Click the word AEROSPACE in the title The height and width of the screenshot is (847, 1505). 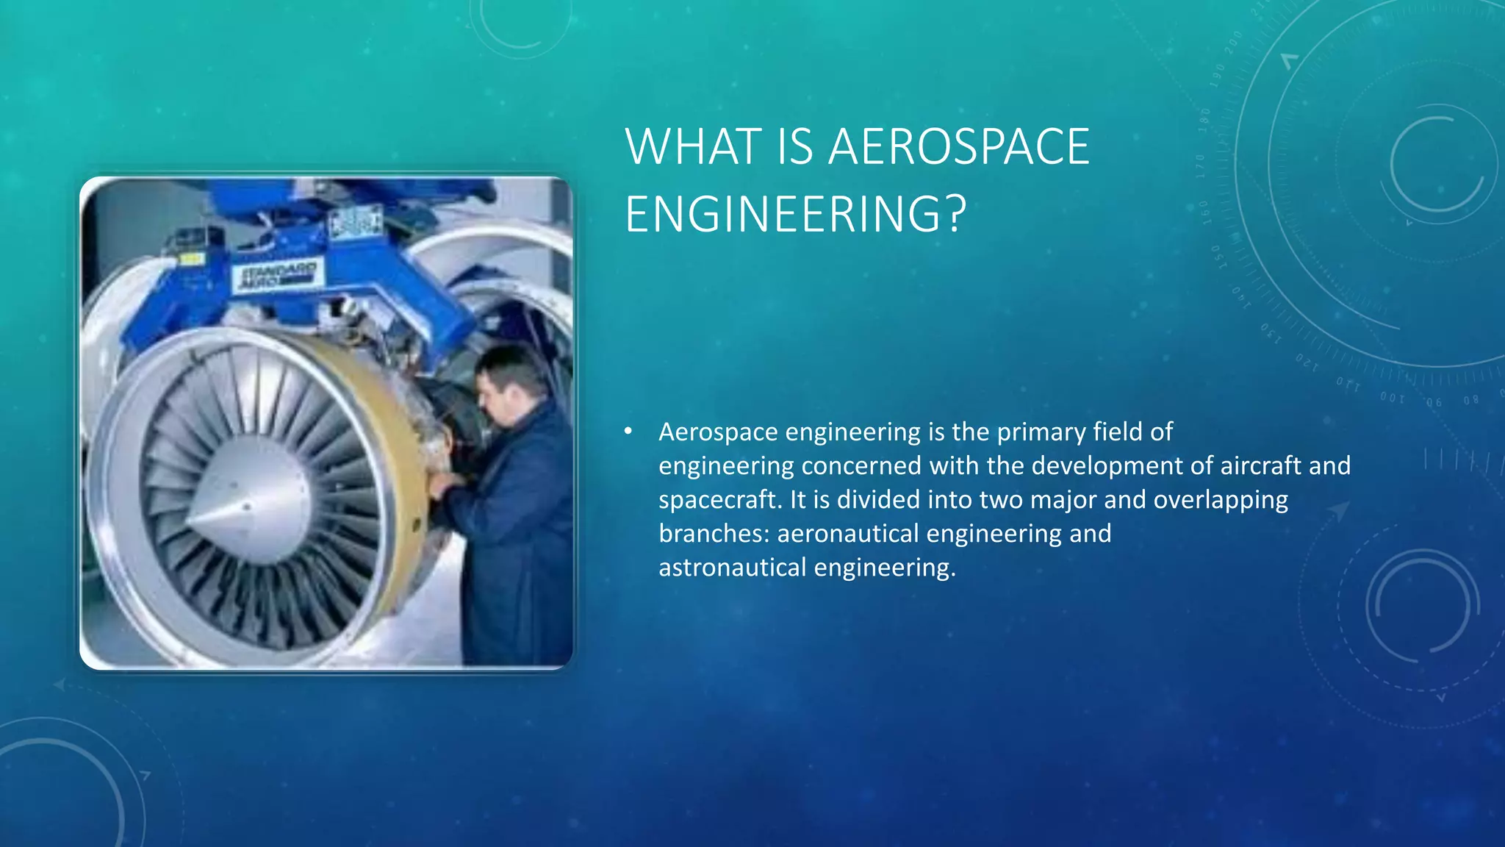pyautogui.click(x=958, y=147)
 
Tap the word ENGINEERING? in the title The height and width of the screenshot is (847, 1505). pyautogui.click(x=795, y=214)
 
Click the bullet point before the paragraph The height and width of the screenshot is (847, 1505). pyautogui.click(x=628, y=432)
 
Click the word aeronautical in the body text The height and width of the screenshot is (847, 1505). pyautogui.click(x=848, y=533)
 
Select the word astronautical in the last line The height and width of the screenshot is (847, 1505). pyautogui.click(x=733, y=568)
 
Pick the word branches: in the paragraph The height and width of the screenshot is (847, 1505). pyautogui.click(x=714, y=533)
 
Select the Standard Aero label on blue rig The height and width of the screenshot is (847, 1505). pyautogui.click(x=277, y=274)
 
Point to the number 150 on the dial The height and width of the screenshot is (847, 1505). pyautogui.click(x=1216, y=257)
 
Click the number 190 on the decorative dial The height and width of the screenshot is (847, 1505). pyautogui.click(x=1218, y=75)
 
